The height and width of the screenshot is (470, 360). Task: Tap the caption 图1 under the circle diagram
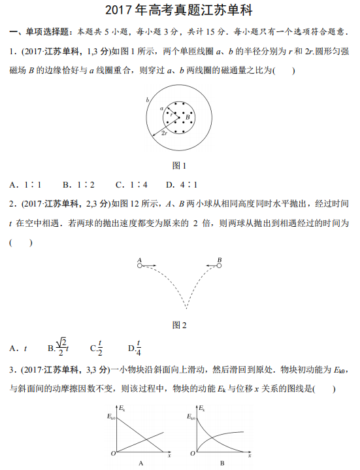(x=178, y=165)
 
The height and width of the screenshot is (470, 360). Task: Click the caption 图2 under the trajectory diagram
(x=178, y=325)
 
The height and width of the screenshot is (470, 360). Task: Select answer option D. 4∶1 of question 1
(x=181, y=184)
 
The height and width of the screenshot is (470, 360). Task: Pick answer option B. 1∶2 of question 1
(x=78, y=184)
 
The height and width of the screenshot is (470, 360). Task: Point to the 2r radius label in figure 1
(x=166, y=133)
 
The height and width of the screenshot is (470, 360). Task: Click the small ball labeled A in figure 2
(x=140, y=266)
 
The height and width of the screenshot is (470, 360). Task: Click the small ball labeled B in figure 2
(x=220, y=266)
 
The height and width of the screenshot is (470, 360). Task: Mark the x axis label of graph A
(x=169, y=456)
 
